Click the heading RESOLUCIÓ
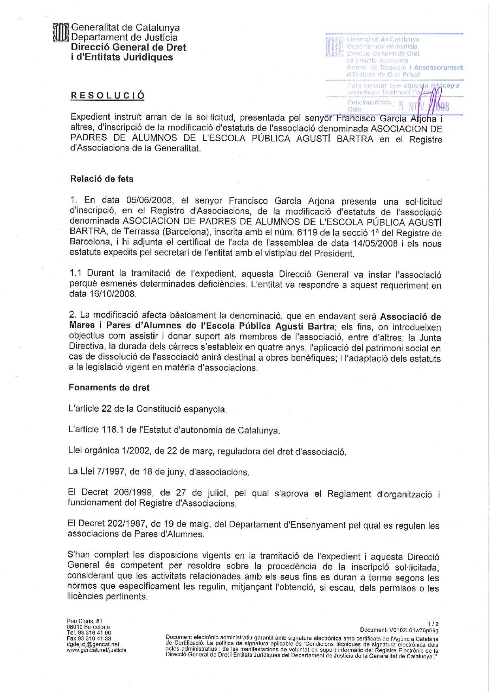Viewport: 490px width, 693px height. [107, 96]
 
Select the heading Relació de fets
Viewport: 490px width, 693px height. [102, 179]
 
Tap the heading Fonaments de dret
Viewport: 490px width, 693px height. [109, 388]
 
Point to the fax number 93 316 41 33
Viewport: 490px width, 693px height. [94, 638]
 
